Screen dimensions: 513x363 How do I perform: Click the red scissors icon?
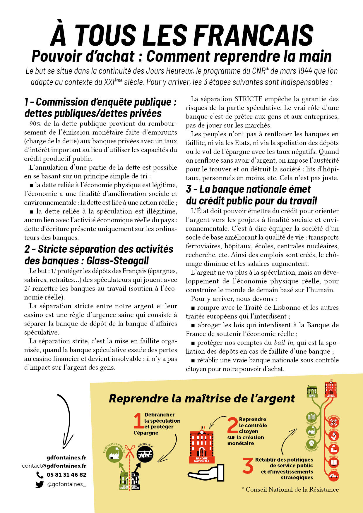[130, 452]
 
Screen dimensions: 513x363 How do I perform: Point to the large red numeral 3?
[248, 465]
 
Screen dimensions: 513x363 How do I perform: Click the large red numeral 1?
[138, 421]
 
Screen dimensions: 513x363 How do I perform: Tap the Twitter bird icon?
[40, 484]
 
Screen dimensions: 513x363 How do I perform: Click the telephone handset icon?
[40, 475]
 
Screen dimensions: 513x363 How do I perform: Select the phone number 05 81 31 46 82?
[66, 475]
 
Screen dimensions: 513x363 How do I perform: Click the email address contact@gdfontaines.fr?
[54, 466]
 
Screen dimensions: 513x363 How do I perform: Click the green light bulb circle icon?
[311, 444]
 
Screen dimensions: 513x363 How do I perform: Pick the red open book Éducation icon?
[334, 463]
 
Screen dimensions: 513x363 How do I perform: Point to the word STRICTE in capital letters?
[248, 99]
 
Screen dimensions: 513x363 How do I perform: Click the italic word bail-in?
[284, 342]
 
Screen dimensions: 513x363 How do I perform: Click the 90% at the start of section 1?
[35, 124]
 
